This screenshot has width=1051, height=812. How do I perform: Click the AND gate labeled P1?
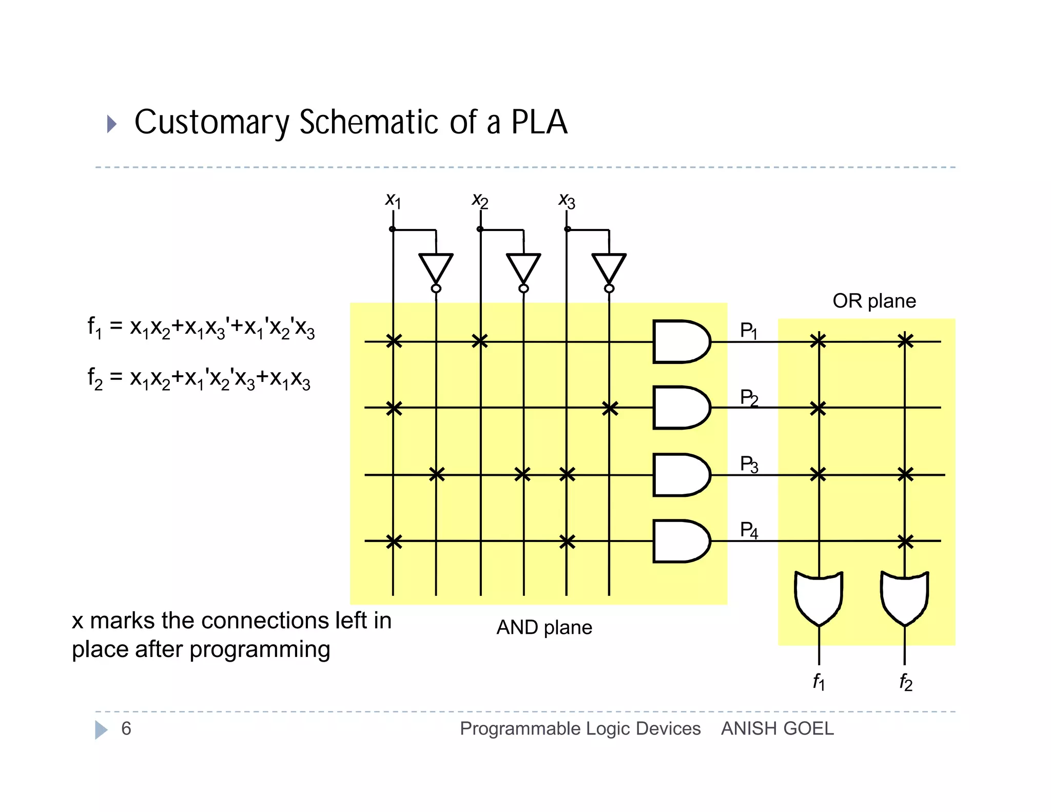click(x=680, y=341)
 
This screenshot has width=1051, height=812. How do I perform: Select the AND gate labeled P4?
click(x=680, y=541)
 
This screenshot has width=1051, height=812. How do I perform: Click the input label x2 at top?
click(x=480, y=200)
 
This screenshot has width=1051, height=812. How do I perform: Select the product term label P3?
click(x=749, y=464)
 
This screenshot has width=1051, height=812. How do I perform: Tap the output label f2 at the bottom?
click(x=906, y=682)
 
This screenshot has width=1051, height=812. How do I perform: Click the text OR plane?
click(x=874, y=301)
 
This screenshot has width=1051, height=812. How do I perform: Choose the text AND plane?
click(x=544, y=627)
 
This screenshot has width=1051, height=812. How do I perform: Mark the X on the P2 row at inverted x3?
click(x=610, y=409)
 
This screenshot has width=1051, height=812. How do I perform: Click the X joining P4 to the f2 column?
click(x=905, y=541)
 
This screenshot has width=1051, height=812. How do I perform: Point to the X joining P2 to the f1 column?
click(x=818, y=409)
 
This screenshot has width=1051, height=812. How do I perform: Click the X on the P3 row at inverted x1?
click(x=436, y=474)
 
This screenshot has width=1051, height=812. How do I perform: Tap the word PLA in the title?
click(x=539, y=122)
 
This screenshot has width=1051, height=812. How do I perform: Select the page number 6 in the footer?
click(x=126, y=728)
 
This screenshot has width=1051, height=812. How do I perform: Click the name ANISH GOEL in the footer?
click(x=777, y=728)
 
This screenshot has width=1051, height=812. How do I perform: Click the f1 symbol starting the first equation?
click(x=94, y=327)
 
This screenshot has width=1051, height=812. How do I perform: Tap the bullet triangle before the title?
click(x=111, y=124)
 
